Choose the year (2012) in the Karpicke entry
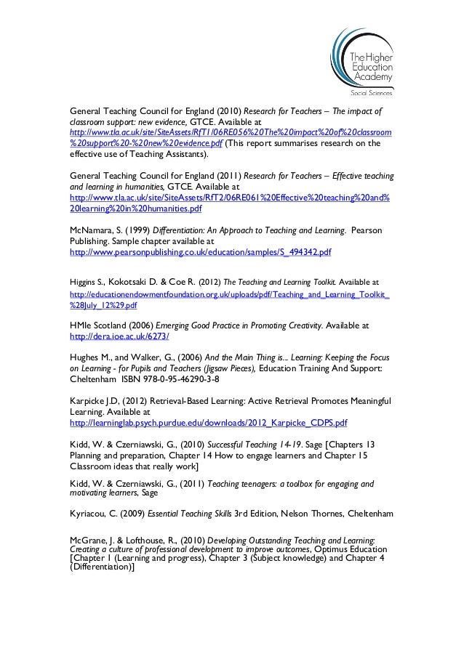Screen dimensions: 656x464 (137, 401)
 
